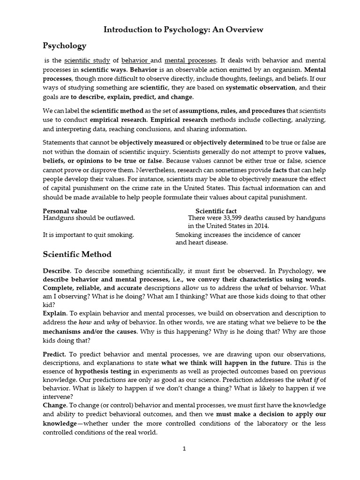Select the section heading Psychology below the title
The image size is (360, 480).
click(65, 45)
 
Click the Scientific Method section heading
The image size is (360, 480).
click(77, 255)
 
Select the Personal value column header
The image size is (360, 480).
click(65, 211)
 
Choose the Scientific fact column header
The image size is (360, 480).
click(216, 211)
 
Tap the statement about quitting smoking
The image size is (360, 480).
click(89, 235)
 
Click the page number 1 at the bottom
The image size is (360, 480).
click(185, 449)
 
